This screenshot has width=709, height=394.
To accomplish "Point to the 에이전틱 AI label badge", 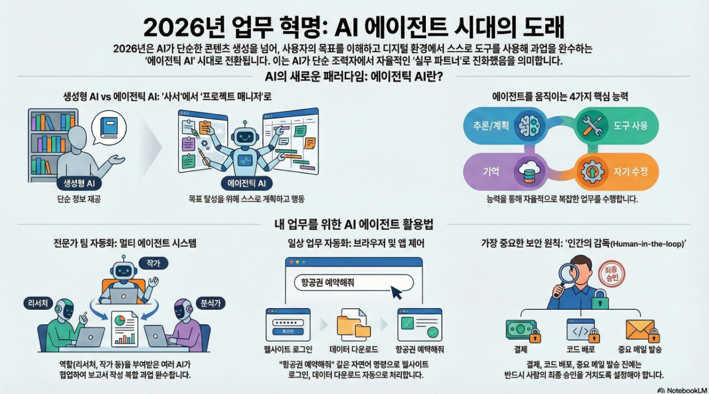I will pyautogui.click(x=247, y=184).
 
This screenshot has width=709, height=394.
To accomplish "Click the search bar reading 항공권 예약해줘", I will pyautogui.click(x=354, y=282).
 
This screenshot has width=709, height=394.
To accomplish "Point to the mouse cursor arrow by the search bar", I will pyautogui.click(x=396, y=292).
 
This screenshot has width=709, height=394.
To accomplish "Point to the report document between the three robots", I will pyautogui.click(x=124, y=328).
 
